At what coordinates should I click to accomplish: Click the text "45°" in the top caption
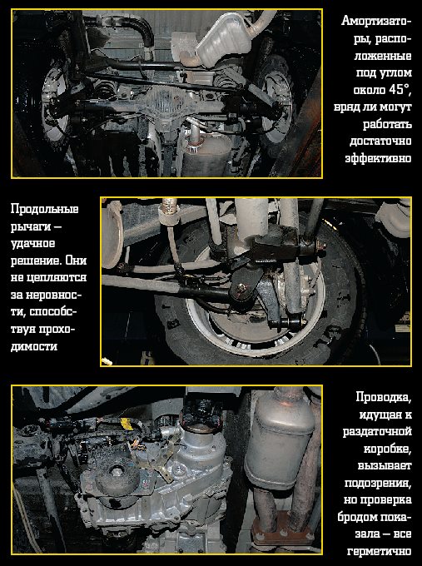tap(400, 90)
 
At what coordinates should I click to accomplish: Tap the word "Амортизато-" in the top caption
tap(376, 21)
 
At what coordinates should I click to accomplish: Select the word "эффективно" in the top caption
tap(379, 158)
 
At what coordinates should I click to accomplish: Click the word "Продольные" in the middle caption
tap(44, 210)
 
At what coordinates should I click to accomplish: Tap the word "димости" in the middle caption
tap(34, 346)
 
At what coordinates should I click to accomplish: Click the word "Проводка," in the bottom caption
tap(384, 397)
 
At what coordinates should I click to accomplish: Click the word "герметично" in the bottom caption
tap(380, 552)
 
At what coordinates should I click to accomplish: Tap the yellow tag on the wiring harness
tap(126, 424)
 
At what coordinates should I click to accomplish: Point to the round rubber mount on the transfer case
tap(117, 474)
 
